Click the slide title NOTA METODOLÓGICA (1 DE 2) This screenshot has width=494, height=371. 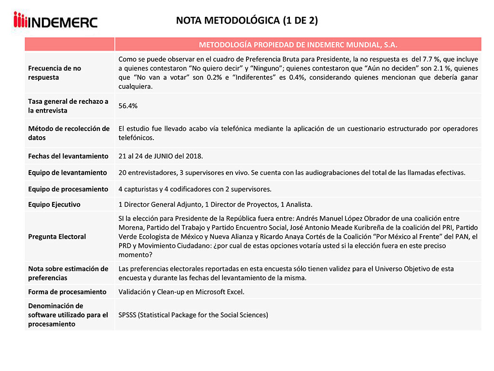(x=247, y=20)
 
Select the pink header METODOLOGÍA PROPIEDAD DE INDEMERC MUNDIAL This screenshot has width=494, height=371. (x=298, y=44)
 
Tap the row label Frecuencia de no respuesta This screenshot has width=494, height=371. (x=55, y=72)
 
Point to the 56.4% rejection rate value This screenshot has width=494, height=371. (x=128, y=106)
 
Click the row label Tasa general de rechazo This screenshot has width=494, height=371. (x=68, y=106)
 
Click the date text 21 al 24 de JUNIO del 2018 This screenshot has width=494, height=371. (x=160, y=156)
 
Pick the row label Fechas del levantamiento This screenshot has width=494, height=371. (x=68, y=156)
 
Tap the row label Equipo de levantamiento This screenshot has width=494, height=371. (x=68, y=172)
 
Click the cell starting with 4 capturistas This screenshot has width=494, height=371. (x=195, y=189)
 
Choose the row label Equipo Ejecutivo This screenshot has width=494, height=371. (x=54, y=204)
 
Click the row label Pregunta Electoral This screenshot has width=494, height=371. (x=57, y=237)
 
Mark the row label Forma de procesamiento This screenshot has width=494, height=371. (x=67, y=292)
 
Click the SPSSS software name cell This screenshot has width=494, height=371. (x=193, y=315)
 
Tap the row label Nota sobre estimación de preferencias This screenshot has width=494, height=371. (x=68, y=273)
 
